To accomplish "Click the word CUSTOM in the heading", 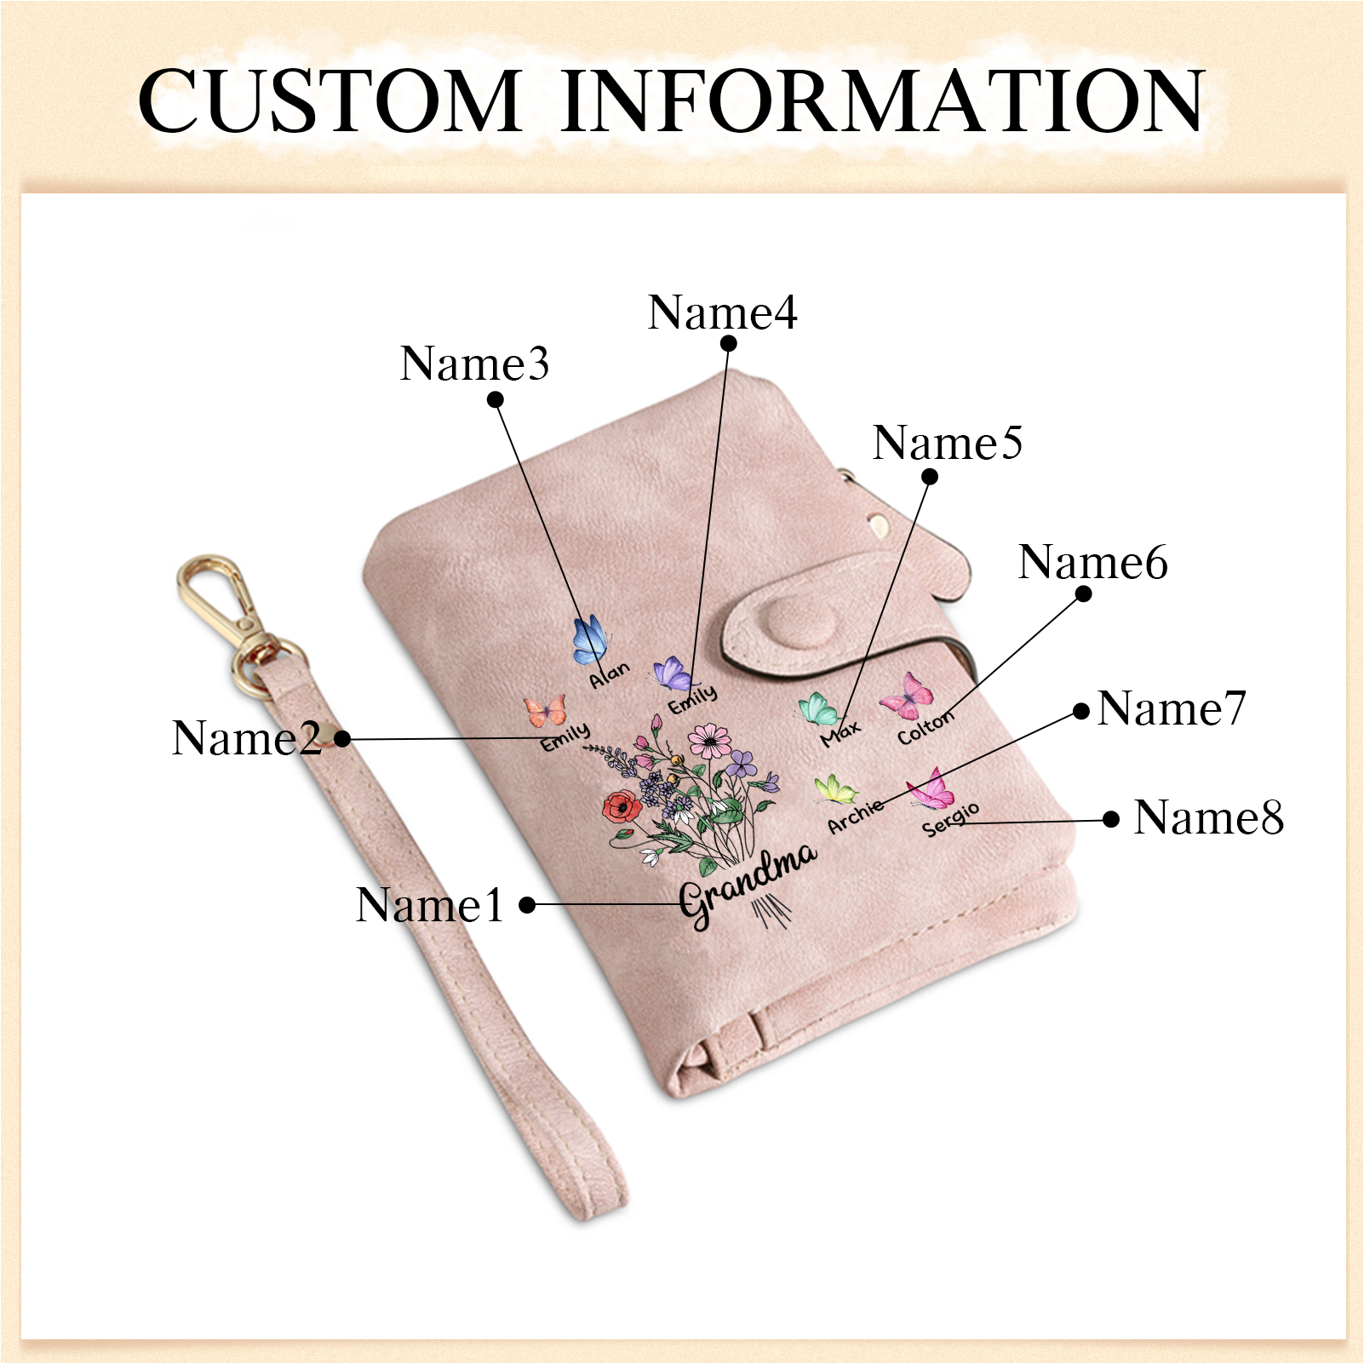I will click(x=330, y=101).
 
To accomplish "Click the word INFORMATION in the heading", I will click(x=882, y=101).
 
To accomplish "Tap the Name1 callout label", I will click(x=430, y=904).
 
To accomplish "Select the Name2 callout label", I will click(x=246, y=737).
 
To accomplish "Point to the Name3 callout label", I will click(x=474, y=364).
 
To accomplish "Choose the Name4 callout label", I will click(x=722, y=312).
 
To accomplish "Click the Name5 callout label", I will click(x=947, y=443).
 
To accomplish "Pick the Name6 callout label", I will click(x=1092, y=562).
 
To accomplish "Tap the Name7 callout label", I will click(x=1172, y=708).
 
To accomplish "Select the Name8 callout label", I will click(x=1208, y=817).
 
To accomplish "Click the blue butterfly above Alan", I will click(x=589, y=640).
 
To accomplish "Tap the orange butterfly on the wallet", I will click(x=546, y=710).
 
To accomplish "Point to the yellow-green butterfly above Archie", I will click(x=835, y=789).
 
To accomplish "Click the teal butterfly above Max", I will click(x=818, y=708).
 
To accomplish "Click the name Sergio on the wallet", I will click(x=950, y=819).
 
